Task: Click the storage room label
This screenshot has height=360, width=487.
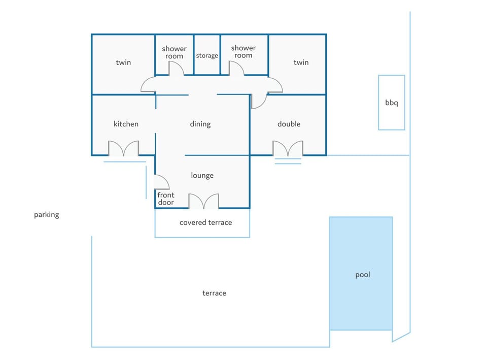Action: tap(207, 56)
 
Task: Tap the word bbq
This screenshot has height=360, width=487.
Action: tap(391, 103)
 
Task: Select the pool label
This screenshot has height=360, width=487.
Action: tap(362, 275)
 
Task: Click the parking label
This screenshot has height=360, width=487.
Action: tap(47, 215)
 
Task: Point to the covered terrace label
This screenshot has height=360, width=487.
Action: tap(205, 222)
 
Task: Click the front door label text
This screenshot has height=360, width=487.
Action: tap(166, 199)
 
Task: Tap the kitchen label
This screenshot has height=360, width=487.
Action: tap(126, 124)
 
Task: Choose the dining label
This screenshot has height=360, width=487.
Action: tap(200, 124)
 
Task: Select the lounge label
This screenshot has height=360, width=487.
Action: tap(202, 176)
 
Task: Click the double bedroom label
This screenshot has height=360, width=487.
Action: tap(289, 124)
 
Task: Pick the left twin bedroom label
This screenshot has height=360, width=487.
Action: tap(123, 62)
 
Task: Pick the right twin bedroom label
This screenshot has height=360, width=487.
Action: tap(301, 62)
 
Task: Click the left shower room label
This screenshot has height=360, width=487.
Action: tap(174, 52)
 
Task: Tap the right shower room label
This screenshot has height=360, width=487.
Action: tap(243, 52)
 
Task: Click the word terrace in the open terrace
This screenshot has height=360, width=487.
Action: tap(214, 293)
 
